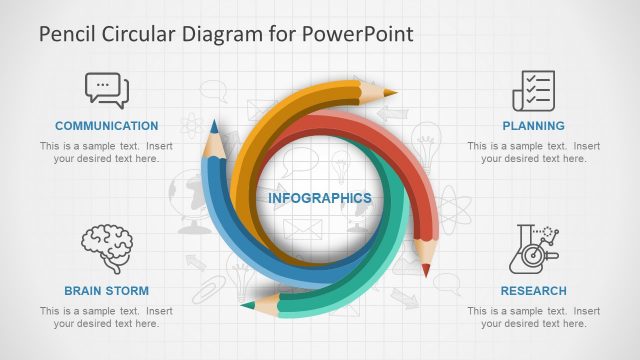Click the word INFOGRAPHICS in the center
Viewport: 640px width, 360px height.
point(319,198)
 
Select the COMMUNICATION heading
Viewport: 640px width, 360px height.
point(106,126)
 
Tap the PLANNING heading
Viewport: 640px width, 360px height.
point(533,126)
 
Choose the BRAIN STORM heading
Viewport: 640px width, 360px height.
point(106,291)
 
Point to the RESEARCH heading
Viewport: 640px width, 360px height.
point(533,291)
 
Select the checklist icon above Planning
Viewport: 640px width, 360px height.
point(533,90)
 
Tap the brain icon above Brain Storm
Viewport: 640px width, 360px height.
point(106,245)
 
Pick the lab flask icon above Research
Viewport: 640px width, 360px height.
point(533,248)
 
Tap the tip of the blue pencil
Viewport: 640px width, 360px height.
point(213,125)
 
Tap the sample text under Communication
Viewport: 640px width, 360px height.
point(106,152)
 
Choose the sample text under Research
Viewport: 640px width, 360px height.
point(533,317)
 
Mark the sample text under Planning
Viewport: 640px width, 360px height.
point(533,152)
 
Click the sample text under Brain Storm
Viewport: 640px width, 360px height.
point(106,317)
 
